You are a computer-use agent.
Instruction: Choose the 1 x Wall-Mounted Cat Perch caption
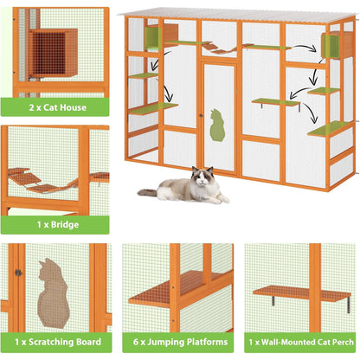(x=299, y=342)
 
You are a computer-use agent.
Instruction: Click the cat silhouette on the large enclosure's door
(x=216, y=126)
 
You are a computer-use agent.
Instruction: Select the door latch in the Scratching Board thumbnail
(x=16, y=273)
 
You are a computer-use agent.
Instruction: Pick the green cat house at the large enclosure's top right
(x=329, y=44)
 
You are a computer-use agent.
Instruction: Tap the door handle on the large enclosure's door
(x=201, y=114)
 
